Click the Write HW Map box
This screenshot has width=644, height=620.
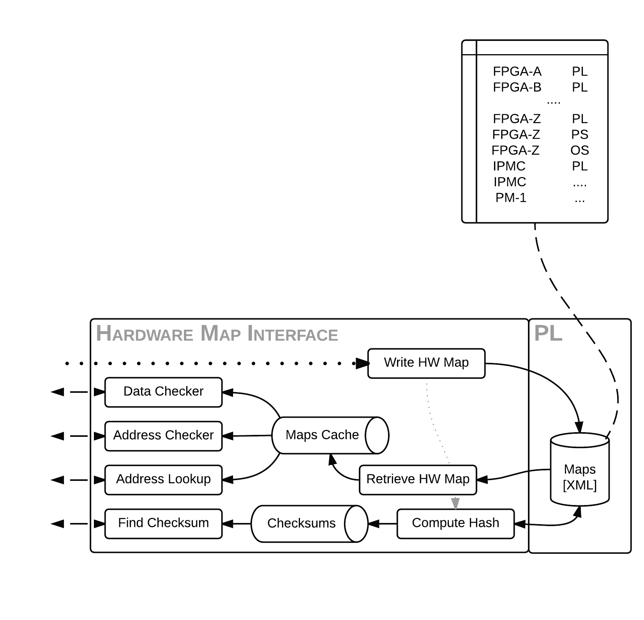click(426, 363)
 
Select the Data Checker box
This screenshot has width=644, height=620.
click(163, 392)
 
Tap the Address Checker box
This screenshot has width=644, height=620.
click(163, 436)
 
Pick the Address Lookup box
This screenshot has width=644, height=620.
click(163, 479)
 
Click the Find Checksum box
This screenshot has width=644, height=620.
click(163, 523)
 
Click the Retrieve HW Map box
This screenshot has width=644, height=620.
click(418, 479)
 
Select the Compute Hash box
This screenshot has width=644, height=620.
click(455, 523)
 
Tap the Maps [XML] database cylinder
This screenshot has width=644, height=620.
click(580, 473)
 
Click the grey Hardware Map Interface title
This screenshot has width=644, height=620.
click(217, 334)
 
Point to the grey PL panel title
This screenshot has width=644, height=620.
click(548, 334)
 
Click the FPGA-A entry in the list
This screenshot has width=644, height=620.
click(517, 72)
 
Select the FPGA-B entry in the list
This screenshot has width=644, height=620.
click(517, 87)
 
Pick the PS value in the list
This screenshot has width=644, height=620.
click(580, 135)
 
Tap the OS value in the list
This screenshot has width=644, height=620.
click(580, 150)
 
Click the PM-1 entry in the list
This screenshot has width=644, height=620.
click(511, 198)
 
